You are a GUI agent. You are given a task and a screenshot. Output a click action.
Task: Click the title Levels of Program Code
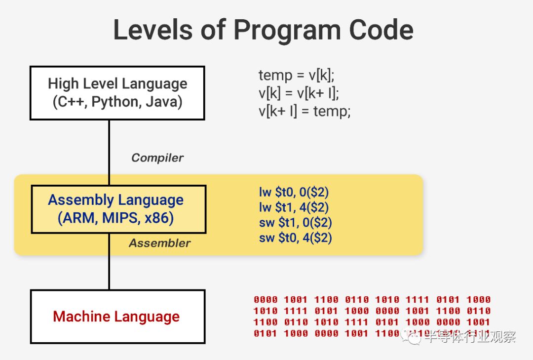point(263,30)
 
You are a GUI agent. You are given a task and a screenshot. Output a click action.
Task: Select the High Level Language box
point(117,93)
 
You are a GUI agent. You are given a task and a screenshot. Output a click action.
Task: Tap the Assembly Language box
point(118,209)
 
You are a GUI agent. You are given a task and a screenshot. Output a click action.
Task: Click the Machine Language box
point(117,317)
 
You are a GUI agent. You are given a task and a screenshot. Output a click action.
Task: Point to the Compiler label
point(157,158)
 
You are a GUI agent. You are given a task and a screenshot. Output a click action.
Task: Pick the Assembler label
point(159,243)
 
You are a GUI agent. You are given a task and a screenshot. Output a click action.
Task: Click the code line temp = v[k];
point(296,76)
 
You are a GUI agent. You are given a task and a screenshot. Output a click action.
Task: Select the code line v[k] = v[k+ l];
point(299,93)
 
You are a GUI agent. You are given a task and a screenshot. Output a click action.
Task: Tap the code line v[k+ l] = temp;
point(305,111)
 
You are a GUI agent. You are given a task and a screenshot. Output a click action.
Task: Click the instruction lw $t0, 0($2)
point(294,192)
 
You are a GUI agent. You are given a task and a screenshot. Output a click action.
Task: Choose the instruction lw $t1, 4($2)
point(294,207)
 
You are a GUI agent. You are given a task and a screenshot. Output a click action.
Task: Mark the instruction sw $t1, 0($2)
point(295,222)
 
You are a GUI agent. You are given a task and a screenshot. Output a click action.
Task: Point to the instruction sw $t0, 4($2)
point(295,238)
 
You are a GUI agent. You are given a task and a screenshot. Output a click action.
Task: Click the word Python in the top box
point(114,102)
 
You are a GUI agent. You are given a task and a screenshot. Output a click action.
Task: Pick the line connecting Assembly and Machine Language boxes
point(109,261)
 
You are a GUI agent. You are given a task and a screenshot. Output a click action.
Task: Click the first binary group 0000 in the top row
point(266,299)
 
